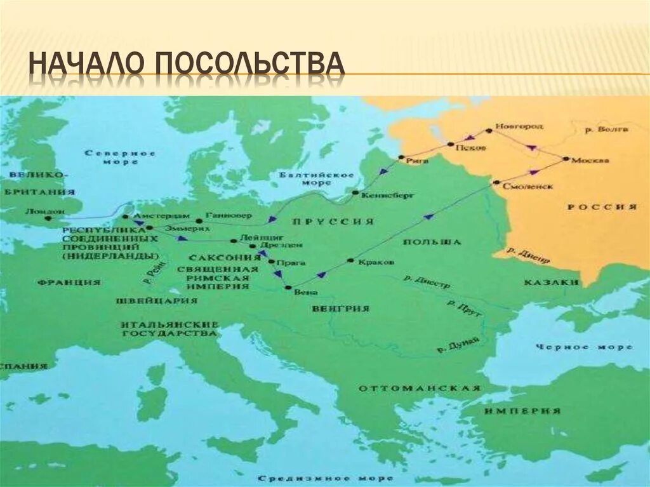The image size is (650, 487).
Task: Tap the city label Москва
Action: pos(590,160)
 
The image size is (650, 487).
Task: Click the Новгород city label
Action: pos(519,126)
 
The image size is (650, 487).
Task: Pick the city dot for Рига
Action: pos(401,157)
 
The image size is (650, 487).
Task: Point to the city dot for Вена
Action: pos(288,288)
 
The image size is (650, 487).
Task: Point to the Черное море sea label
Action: pos(584,347)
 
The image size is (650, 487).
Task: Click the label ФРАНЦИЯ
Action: pos(69,282)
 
